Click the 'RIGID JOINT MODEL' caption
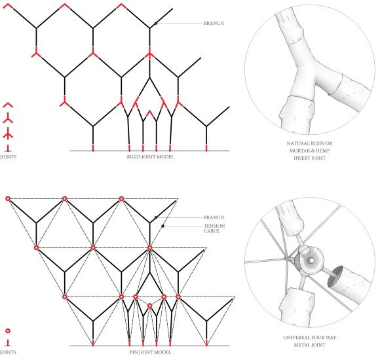[151, 157]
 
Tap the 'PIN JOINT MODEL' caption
[150, 352]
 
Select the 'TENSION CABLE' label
[214, 228]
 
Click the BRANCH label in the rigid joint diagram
[214, 23]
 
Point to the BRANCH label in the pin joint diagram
[214, 217]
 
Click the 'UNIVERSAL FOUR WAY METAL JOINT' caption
[309, 341]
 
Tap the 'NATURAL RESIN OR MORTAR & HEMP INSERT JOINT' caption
[309, 151]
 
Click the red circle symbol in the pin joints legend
[8, 331]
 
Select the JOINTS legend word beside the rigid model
[8, 157]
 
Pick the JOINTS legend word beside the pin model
[8, 352]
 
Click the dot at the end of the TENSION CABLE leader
[163, 226]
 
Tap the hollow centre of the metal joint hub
[311, 261]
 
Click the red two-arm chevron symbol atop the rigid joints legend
[8, 105]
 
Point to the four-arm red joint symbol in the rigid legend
[8, 134]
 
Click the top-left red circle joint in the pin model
[8, 199]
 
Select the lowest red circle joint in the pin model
[150, 306]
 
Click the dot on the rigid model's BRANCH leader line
[156, 23]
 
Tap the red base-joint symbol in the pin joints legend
[8, 343]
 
